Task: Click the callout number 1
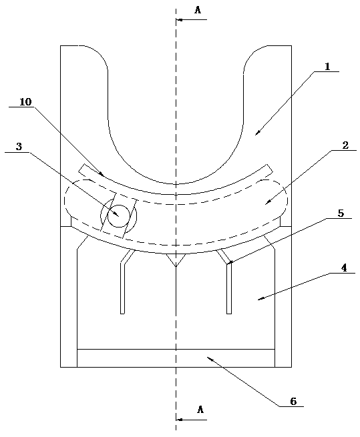[x=327, y=67]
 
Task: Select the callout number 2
[x=345, y=145]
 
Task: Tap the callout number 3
[x=19, y=147]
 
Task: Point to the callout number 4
[x=344, y=268]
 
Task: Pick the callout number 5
[x=341, y=213]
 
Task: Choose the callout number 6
[x=293, y=402]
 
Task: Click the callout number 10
[x=25, y=102]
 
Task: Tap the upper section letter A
[x=198, y=10]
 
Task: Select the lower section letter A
[x=200, y=410]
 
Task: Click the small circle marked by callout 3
[x=119, y=216]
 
